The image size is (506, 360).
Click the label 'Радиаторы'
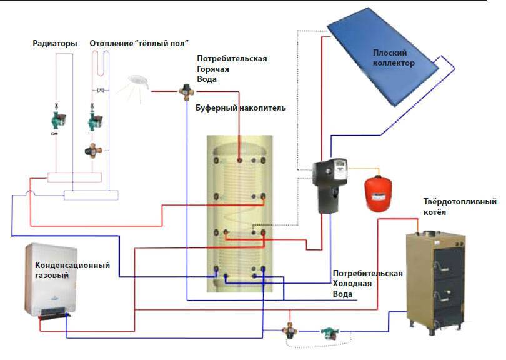click(x=55, y=44)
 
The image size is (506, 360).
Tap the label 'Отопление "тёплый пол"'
click(x=139, y=44)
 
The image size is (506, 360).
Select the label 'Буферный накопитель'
click(x=241, y=108)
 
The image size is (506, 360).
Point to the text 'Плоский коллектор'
click(x=394, y=58)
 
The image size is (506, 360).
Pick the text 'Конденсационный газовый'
click(x=72, y=270)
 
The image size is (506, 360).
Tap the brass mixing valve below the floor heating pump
click(x=94, y=151)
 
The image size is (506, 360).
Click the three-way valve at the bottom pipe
click(x=290, y=329)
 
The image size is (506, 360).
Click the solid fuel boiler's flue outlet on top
click(x=430, y=236)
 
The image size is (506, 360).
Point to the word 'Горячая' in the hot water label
click(x=212, y=69)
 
